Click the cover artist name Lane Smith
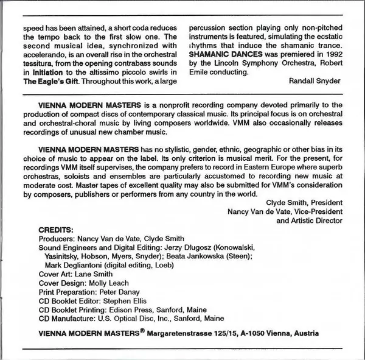point(97,274)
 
